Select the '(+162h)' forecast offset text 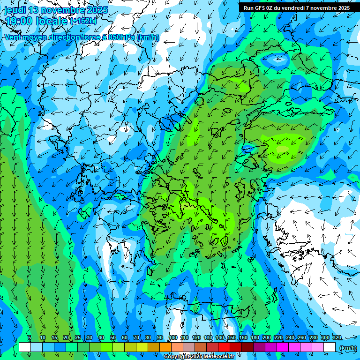[x=83, y=21]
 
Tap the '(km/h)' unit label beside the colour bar [x=347, y=348]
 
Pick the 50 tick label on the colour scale [x=113, y=338]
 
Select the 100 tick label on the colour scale [x=172, y=338]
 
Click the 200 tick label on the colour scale [x=267, y=338]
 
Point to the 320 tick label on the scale [x=337, y=338]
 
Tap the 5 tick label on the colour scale [x=30, y=338]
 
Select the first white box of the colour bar [x=25, y=347]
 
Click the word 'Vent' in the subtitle [x=13, y=37]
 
